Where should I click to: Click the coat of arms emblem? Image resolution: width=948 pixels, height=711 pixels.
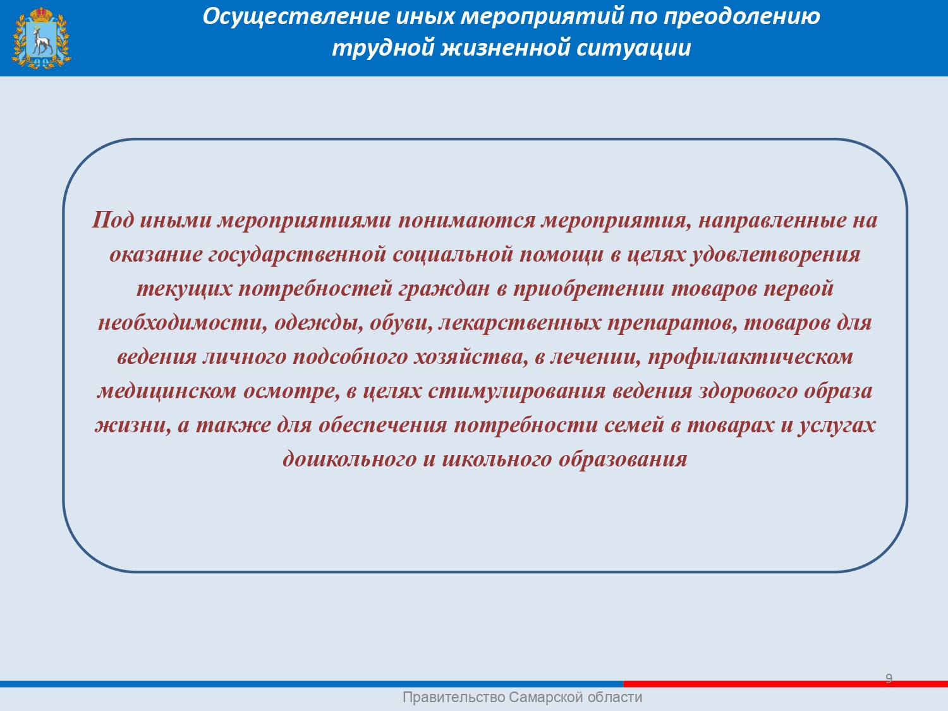41,38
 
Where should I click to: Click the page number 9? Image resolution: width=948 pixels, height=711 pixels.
889,678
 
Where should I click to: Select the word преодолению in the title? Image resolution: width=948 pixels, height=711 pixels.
741,17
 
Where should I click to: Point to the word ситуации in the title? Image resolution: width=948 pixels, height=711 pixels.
634,47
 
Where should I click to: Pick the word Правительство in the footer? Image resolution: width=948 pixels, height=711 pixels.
454,697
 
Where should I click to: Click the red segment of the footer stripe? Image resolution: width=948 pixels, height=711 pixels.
786,684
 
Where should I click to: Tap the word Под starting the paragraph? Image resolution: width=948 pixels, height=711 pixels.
112,220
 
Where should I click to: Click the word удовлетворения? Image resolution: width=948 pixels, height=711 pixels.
775,254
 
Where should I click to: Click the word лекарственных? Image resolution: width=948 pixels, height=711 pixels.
520,322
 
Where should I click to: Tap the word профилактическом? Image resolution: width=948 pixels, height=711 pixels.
750,357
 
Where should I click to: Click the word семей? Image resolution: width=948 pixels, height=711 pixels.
634,425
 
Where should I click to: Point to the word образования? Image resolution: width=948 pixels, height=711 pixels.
623,459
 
